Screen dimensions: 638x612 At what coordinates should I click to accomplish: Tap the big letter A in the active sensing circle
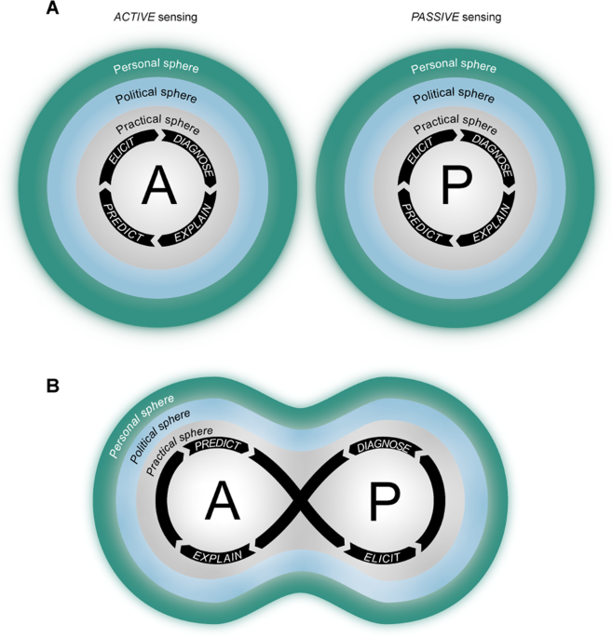coord(158,186)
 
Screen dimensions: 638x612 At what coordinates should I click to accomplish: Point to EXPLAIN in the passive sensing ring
coord(491,224)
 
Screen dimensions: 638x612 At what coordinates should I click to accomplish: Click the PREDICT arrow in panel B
coord(217,446)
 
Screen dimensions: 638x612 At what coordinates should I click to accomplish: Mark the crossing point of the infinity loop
coord(300,503)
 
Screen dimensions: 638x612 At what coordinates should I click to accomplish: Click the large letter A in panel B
coord(222,503)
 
